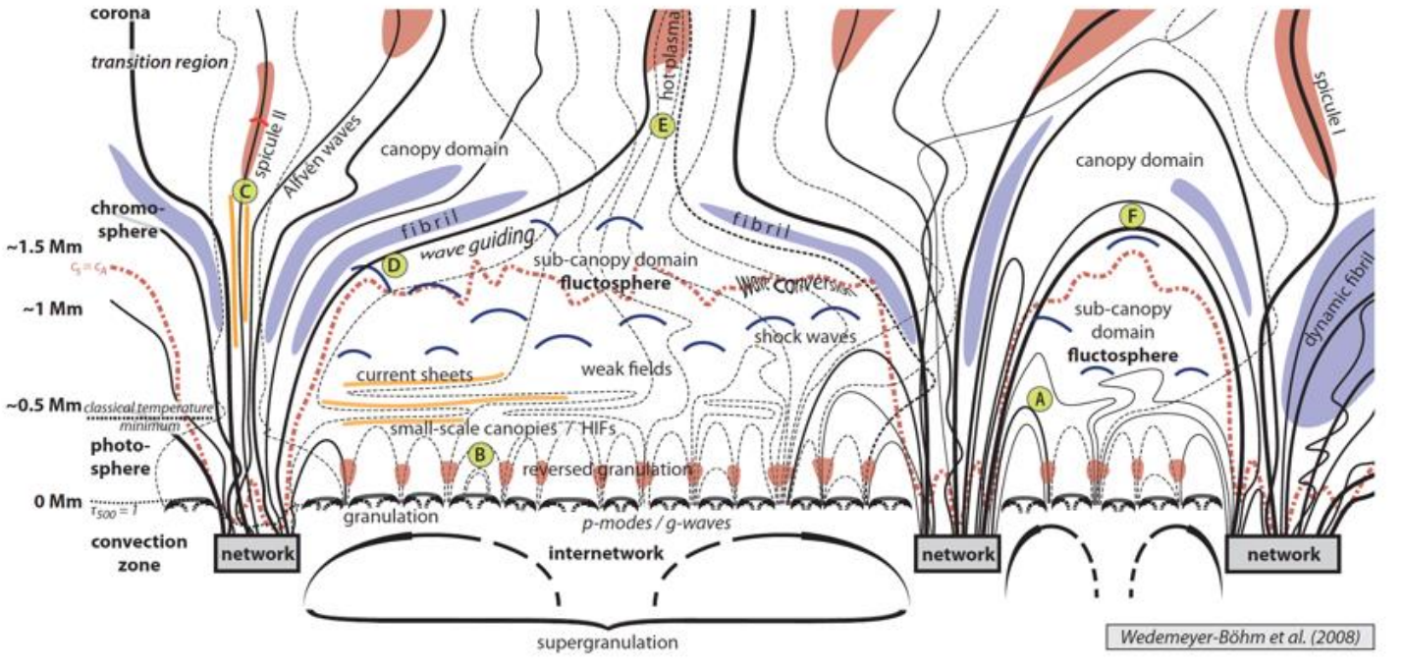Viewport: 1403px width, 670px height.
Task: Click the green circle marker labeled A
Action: pyautogui.click(x=1039, y=397)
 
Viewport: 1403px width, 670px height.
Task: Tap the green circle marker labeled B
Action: pyautogui.click(x=480, y=454)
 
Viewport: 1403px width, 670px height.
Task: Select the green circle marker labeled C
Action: pyautogui.click(x=243, y=191)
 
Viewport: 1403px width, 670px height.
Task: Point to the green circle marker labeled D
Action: pyautogui.click(x=393, y=264)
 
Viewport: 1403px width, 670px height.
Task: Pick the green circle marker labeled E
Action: pyautogui.click(x=663, y=125)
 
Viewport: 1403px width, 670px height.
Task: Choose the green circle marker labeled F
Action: pyautogui.click(x=1134, y=215)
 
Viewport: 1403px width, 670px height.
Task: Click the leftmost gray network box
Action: pyautogui.click(x=255, y=554)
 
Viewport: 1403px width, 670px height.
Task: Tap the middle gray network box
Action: pyautogui.click(x=957, y=554)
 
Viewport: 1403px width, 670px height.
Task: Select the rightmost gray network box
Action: pyautogui.click(x=1283, y=554)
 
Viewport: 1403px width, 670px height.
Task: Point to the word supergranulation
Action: pyautogui.click(x=609, y=643)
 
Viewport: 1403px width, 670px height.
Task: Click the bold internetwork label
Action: pyautogui.click(x=606, y=552)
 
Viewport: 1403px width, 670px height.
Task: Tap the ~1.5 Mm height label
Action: pyautogui.click(x=39, y=243)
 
